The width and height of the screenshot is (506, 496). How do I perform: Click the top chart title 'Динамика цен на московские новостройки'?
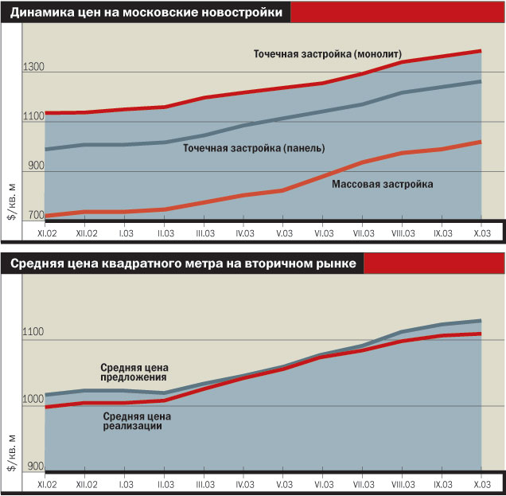pyautogui.click(x=146, y=13)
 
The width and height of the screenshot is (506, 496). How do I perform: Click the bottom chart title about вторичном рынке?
pyautogui.click(x=183, y=263)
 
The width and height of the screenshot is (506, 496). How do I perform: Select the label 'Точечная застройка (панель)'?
pyautogui.click(x=254, y=148)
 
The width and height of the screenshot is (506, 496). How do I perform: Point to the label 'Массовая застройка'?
pyautogui.click(x=382, y=184)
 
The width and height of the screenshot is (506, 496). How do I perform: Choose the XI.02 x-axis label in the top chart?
pyautogui.click(x=45, y=232)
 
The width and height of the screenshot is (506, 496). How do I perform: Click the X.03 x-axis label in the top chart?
pyautogui.click(x=482, y=232)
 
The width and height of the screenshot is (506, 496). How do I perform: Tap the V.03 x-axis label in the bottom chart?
pyautogui.click(x=285, y=485)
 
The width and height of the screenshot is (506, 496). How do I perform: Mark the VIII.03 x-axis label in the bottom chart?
pyautogui.click(x=403, y=485)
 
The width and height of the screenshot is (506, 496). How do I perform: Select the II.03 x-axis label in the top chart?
pyautogui.click(x=165, y=232)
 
